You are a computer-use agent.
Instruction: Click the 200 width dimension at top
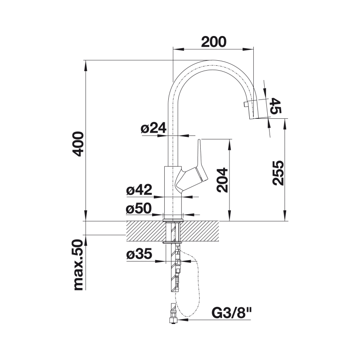pos(214,42)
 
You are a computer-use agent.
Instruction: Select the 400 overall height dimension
pos(78,144)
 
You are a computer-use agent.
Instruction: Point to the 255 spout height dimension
pos(278,173)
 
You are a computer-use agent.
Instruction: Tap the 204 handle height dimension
pos(222,180)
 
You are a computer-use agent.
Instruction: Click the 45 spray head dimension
pos(275,106)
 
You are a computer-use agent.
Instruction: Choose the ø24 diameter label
pos(153,128)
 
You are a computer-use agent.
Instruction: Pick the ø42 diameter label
pos(139,189)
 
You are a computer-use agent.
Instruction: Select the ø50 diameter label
pos(139,208)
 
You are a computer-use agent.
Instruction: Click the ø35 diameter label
pos(139,254)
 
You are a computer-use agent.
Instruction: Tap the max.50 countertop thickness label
pos(77,265)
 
